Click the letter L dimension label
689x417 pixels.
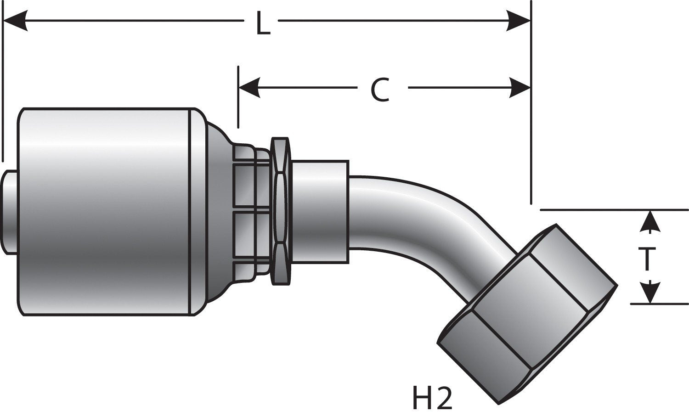pyautogui.click(x=262, y=24)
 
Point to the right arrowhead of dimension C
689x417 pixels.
pyautogui.click(x=519, y=87)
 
